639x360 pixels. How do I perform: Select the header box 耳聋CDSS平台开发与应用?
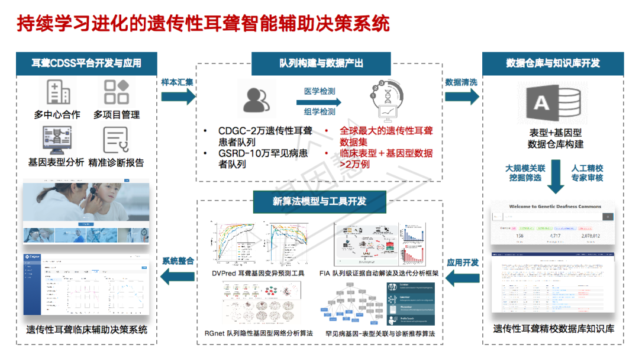(x=86, y=63)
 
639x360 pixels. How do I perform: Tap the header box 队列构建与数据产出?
(x=321, y=63)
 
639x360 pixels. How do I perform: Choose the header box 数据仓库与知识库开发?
(x=553, y=63)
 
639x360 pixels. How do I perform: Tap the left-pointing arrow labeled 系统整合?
(x=177, y=274)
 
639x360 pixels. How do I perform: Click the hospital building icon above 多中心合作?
(x=58, y=92)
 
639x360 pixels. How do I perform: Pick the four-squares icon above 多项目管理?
(x=116, y=92)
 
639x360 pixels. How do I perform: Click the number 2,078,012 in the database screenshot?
(x=590, y=237)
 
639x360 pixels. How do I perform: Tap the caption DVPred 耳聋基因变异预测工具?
(x=258, y=273)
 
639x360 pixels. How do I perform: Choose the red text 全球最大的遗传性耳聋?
(x=386, y=130)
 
